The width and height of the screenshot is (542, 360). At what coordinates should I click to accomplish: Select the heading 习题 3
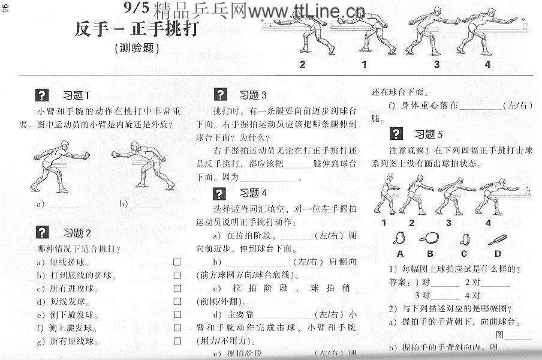pyautogui.click(x=252, y=95)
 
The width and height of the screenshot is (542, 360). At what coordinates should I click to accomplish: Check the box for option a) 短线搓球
pyautogui.click(x=177, y=262)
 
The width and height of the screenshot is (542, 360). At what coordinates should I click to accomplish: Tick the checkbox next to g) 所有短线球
pyautogui.click(x=177, y=341)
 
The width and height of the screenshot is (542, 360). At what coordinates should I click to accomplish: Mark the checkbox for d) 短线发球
pyautogui.click(x=177, y=302)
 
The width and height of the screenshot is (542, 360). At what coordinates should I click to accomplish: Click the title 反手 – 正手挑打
pyautogui.click(x=137, y=28)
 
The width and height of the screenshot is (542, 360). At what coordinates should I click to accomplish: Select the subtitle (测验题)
pyautogui.click(x=137, y=49)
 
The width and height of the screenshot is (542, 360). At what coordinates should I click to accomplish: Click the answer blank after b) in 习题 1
pyautogui.click(x=147, y=204)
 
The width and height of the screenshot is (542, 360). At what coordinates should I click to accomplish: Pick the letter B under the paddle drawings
pyautogui.click(x=431, y=253)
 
